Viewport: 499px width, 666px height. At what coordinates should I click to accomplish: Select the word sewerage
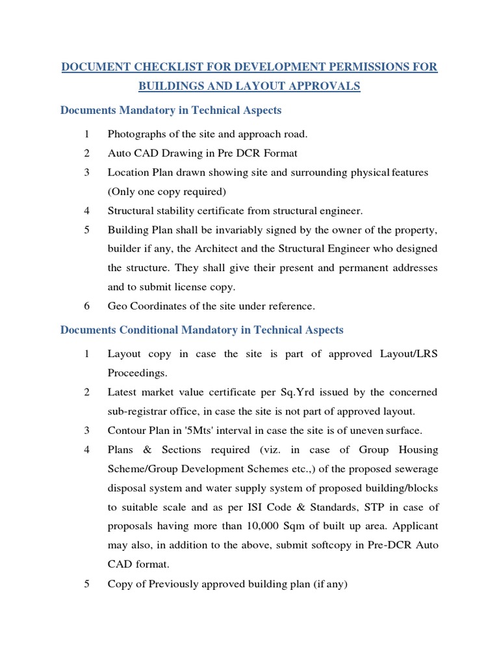(x=415, y=469)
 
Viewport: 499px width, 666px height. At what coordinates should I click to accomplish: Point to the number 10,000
(x=247, y=526)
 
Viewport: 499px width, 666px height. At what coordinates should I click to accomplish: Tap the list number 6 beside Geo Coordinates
(x=86, y=306)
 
